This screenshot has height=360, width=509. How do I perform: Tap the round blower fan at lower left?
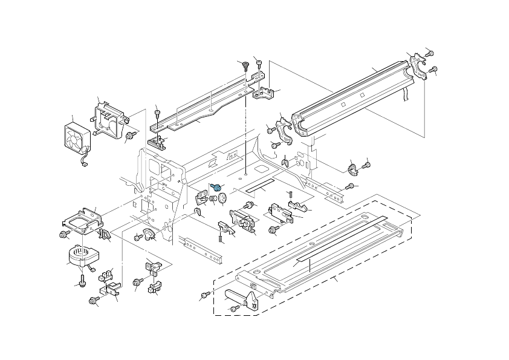tap(78, 257)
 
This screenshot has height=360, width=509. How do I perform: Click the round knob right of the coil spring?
tap(222, 198)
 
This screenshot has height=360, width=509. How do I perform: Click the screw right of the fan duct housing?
tap(130, 135)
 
